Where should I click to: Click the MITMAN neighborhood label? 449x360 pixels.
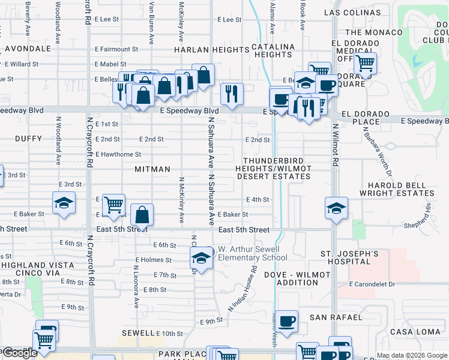(152, 170)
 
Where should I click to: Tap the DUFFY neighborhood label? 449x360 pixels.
(29, 139)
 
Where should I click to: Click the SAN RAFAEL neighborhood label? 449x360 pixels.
(336, 317)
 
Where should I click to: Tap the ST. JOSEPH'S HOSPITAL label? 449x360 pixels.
(349, 258)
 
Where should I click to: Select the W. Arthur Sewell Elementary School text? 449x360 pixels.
(252, 253)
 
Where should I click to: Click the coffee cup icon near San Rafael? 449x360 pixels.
(287, 320)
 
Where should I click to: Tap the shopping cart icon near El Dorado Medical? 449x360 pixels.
(364, 62)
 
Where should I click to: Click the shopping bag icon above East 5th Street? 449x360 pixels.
(142, 215)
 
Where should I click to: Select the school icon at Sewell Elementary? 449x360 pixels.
(201, 259)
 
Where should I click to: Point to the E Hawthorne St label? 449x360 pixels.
(118, 154)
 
